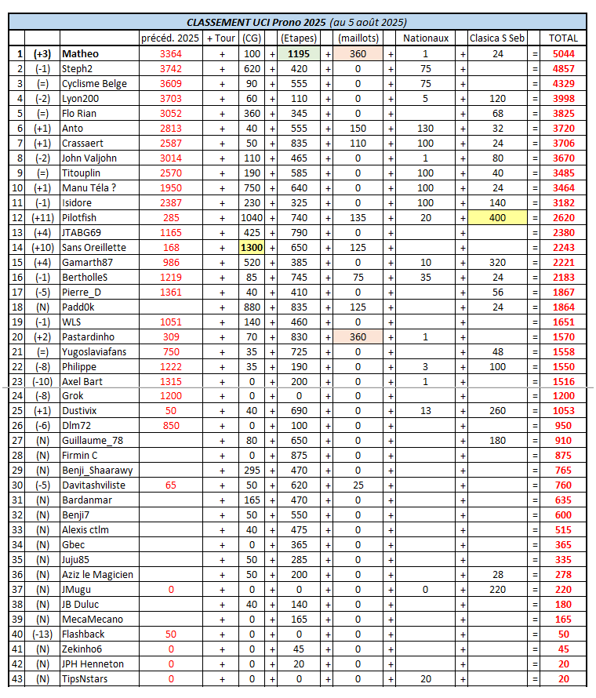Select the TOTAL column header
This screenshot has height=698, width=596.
tap(563, 38)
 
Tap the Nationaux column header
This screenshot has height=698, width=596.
tap(425, 38)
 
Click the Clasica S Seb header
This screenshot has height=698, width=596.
tap(497, 38)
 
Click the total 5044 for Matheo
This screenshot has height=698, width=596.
tap(563, 53)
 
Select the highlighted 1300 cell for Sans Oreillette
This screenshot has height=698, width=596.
tap(252, 247)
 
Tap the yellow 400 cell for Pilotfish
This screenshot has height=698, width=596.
tap(497, 217)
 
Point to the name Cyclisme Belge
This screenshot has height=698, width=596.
tap(94, 83)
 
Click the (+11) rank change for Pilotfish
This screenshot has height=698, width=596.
tap(42, 217)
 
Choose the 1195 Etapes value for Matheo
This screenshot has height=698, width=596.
tap(298, 53)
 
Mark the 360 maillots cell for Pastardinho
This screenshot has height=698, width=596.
tap(358, 336)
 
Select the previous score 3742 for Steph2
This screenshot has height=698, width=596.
tap(170, 68)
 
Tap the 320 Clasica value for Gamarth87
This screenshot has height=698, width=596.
tap(497, 262)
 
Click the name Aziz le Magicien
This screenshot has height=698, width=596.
tap(97, 575)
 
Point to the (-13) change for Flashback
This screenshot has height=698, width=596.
tap(42, 634)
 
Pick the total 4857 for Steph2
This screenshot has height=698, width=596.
tap(563, 68)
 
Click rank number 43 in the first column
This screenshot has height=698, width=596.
tap(16, 678)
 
